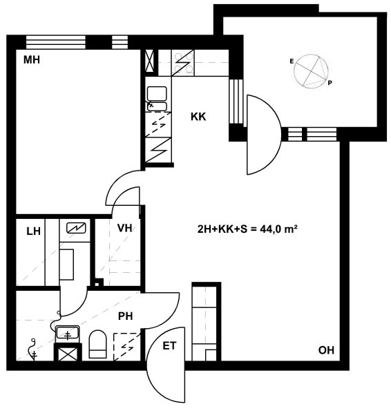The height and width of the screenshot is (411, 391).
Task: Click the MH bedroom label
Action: (x=32, y=60)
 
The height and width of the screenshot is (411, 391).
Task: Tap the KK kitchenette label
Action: (x=198, y=117)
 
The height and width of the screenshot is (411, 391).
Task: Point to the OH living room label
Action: (x=326, y=350)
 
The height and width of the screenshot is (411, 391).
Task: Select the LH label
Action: (x=34, y=231)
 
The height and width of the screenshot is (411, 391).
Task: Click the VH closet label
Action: (x=125, y=228)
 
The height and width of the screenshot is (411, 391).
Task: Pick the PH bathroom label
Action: (x=126, y=316)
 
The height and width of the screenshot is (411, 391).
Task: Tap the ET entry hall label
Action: (x=169, y=346)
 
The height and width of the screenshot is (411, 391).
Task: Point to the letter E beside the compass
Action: (x=292, y=61)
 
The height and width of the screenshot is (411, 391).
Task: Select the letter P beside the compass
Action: (x=330, y=83)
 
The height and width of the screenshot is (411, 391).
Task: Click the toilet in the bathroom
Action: (x=98, y=344)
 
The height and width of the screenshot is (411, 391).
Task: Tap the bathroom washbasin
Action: (x=67, y=334)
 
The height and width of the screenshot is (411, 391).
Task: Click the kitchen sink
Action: (x=157, y=99)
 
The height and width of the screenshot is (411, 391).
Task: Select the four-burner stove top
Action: (x=183, y=63)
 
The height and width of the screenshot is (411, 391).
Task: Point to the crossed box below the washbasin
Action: (x=68, y=352)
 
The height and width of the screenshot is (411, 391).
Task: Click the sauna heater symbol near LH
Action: (x=76, y=228)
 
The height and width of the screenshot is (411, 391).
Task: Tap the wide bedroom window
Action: (x=56, y=42)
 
